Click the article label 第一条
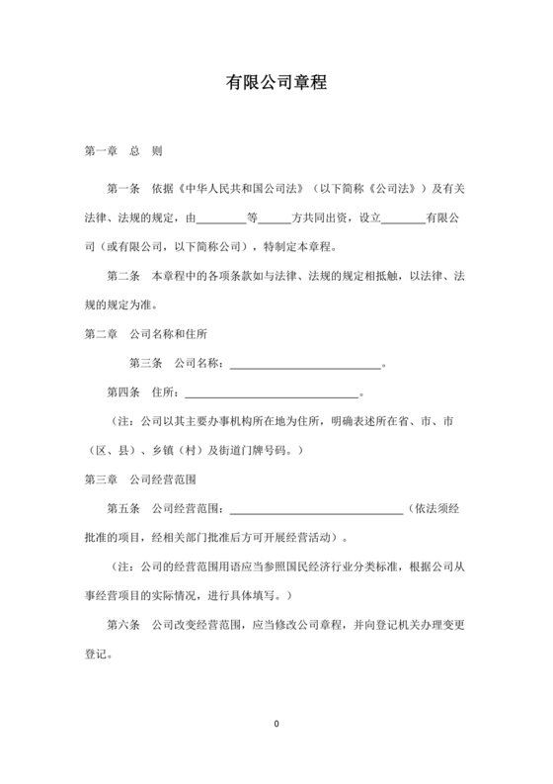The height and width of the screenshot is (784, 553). (123, 187)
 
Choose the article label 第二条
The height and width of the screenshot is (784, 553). (123, 275)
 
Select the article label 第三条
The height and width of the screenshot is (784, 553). (146, 363)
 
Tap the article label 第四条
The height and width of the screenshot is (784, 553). (123, 392)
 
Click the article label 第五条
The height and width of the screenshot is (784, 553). (123, 509)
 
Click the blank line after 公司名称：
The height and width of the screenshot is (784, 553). (304, 365)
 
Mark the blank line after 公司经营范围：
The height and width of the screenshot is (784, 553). (316, 511)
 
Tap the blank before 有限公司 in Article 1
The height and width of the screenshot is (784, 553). (403, 218)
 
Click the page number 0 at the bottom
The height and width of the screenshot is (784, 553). (276, 725)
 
